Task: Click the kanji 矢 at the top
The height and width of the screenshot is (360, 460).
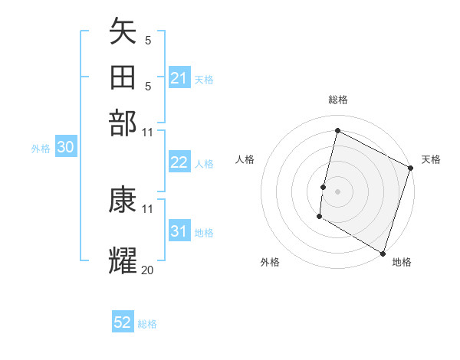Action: pyautogui.click(x=123, y=32)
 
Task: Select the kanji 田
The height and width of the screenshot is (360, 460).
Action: pyautogui.click(x=123, y=77)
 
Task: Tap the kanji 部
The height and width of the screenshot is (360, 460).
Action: pyautogui.click(x=123, y=123)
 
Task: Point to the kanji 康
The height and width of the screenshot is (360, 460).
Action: pyautogui.click(x=123, y=200)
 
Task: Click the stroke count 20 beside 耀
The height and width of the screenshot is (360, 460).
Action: pyautogui.click(x=148, y=270)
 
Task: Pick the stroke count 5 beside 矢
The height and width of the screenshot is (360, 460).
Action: pyautogui.click(x=148, y=41)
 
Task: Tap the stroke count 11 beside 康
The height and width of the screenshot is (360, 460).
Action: pyautogui.click(x=148, y=208)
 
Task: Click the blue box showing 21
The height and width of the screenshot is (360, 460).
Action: pyautogui.click(x=179, y=78)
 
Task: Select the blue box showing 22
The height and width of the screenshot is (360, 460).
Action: pyautogui.click(x=179, y=162)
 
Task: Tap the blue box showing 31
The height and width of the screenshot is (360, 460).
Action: pyautogui.click(x=179, y=231)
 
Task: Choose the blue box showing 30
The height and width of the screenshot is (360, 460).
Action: pyautogui.click(x=65, y=148)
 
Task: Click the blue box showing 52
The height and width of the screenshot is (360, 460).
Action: pyautogui.click(x=123, y=322)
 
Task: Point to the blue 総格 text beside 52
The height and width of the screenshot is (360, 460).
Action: pyautogui.click(x=148, y=324)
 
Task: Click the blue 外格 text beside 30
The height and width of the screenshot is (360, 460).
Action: pyautogui.click(x=41, y=149)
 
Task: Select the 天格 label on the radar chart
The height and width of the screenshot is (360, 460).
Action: pyautogui.click(x=431, y=159)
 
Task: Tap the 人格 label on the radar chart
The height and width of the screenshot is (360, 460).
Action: pyautogui.click(x=245, y=159)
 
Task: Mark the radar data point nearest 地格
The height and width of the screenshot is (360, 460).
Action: pyautogui.click(x=383, y=252)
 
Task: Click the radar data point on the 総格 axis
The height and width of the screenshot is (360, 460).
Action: pyautogui.click(x=337, y=131)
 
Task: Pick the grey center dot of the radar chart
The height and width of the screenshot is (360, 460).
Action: pyautogui.click(x=337, y=190)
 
